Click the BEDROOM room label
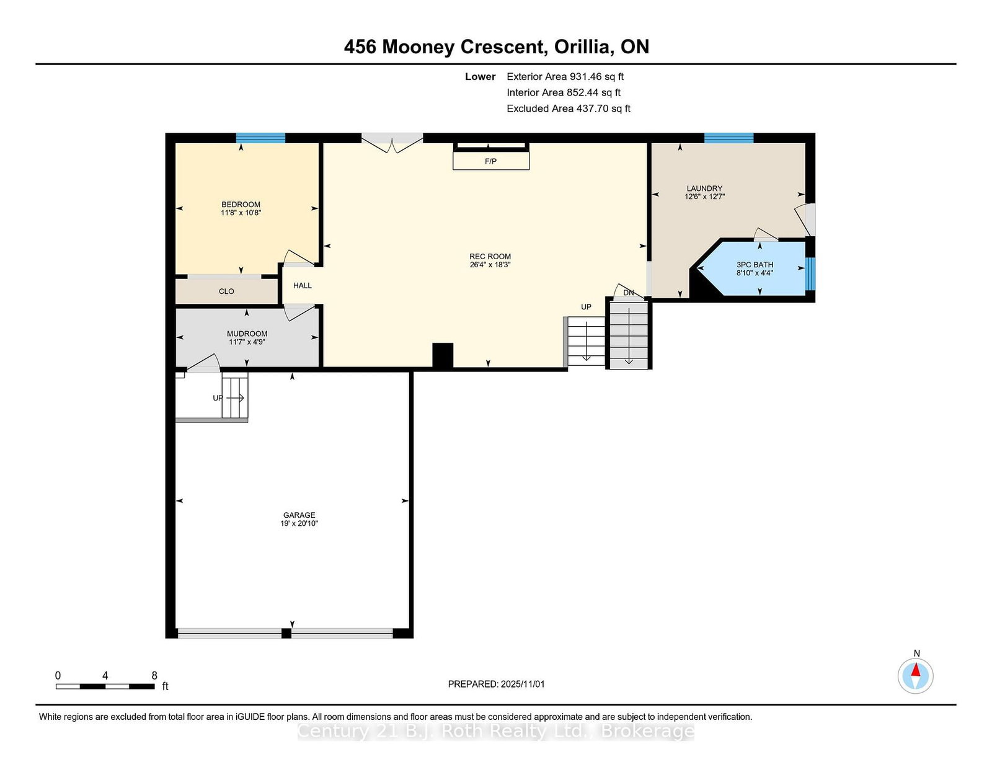(x=241, y=205)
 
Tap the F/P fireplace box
(x=491, y=161)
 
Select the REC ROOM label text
(x=490, y=257)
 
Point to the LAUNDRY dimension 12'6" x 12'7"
(x=704, y=197)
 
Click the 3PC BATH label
(x=755, y=265)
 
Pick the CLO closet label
(x=226, y=291)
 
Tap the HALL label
(x=302, y=285)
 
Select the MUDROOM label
(x=247, y=334)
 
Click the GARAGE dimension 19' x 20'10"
(x=299, y=523)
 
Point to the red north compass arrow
(x=915, y=670)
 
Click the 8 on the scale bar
(x=154, y=675)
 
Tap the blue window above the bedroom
(x=260, y=138)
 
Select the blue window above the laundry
(x=728, y=138)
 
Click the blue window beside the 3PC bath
(x=810, y=274)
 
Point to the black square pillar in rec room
(x=442, y=355)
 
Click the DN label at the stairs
(x=629, y=293)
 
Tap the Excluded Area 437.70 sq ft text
(x=569, y=109)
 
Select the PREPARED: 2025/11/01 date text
(x=496, y=684)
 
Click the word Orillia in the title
(x=583, y=47)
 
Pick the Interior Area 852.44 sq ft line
(x=564, y=92)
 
